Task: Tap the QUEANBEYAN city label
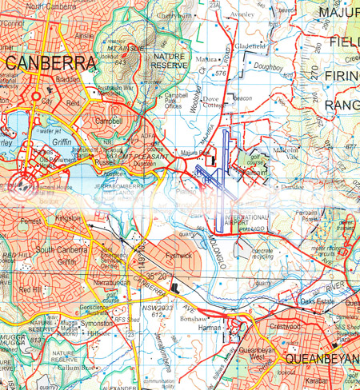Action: [322, 359]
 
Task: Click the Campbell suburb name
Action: [108, 121]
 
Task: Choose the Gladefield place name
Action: [250, 47]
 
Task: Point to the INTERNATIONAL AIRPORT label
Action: [249, 221]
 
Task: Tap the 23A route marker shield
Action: [214, 5]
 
